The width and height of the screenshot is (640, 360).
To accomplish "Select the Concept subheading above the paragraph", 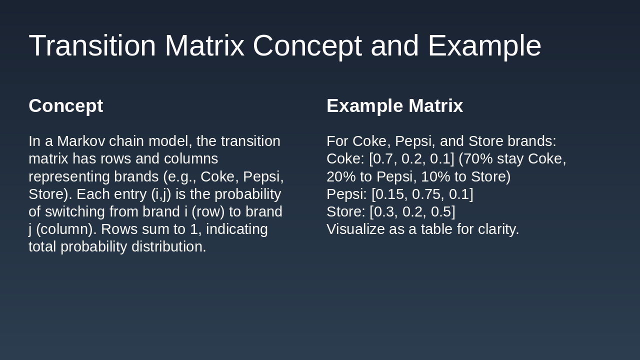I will pyautogui.click(x=65, y=106).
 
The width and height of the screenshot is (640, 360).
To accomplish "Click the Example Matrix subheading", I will pyautogui.click(x=394, y=106).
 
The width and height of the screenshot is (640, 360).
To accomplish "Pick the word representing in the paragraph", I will pyautogui.click(x=69, y=176).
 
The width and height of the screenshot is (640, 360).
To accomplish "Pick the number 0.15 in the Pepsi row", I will pyautogui.click(x=392, y=194).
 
